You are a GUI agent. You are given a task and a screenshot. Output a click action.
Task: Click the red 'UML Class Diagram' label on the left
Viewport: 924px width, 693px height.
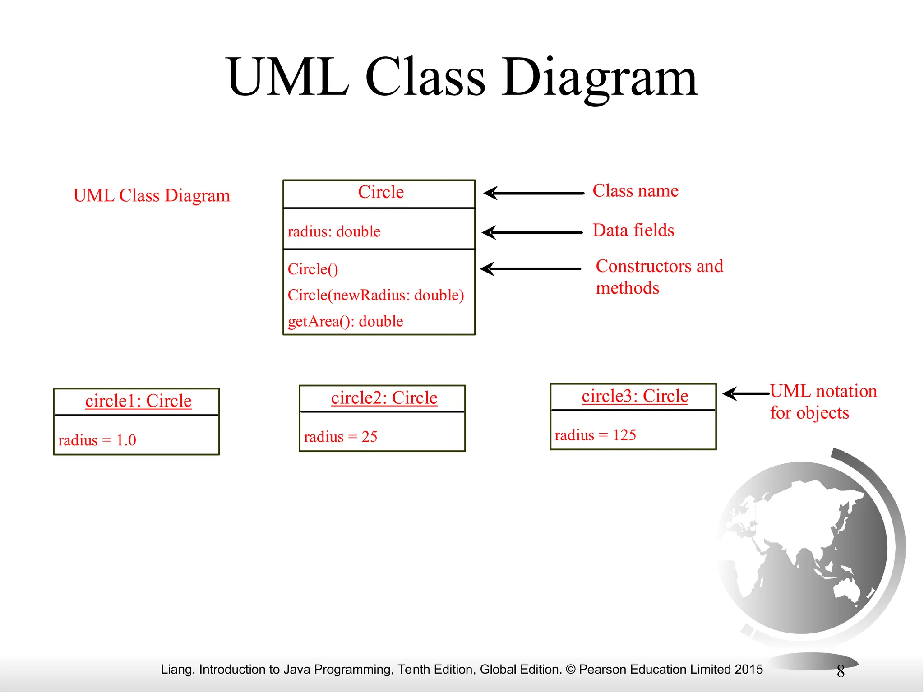[x=152, y=196]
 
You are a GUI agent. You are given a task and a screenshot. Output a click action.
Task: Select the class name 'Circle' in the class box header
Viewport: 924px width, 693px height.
[x=381, y=192]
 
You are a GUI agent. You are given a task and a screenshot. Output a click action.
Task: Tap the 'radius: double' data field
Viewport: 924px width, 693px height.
[x=334, y=231]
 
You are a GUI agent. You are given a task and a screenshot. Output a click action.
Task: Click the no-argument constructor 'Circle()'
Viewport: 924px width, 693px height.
[x=313, y=269]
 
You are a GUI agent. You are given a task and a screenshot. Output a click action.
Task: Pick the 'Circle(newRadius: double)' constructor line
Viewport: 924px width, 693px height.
[x=376, y=295]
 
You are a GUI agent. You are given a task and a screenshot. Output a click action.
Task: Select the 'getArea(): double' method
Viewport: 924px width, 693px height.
[x=345, y=321]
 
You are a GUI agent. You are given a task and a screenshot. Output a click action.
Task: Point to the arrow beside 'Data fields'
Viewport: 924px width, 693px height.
[x=532, y=233]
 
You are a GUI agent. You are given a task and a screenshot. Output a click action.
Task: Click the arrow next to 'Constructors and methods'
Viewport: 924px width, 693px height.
[x=531, y=269]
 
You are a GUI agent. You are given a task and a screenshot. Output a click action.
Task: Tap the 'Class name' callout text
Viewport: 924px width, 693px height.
[x=635, y=191]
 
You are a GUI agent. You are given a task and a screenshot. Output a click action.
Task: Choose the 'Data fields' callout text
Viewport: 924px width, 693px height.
[x=633, y=231]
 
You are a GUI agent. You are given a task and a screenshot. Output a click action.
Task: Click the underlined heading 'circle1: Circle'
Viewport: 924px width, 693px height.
[x=138, y=401]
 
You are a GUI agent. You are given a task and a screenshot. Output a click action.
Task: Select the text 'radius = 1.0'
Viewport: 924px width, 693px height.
[x=97, y=440]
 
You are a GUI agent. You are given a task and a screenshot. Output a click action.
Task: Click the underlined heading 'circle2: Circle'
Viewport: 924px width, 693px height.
[x=384, y=398]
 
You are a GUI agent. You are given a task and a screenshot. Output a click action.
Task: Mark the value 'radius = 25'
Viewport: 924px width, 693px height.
[x=341, y=437]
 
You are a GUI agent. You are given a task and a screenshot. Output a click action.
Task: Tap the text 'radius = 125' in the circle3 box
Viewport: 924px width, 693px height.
[x=595, y=435]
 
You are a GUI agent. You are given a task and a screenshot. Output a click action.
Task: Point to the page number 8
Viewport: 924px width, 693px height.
[x=841, y=671]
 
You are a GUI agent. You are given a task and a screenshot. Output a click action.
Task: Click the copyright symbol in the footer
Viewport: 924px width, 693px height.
[x=570, y=670]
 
